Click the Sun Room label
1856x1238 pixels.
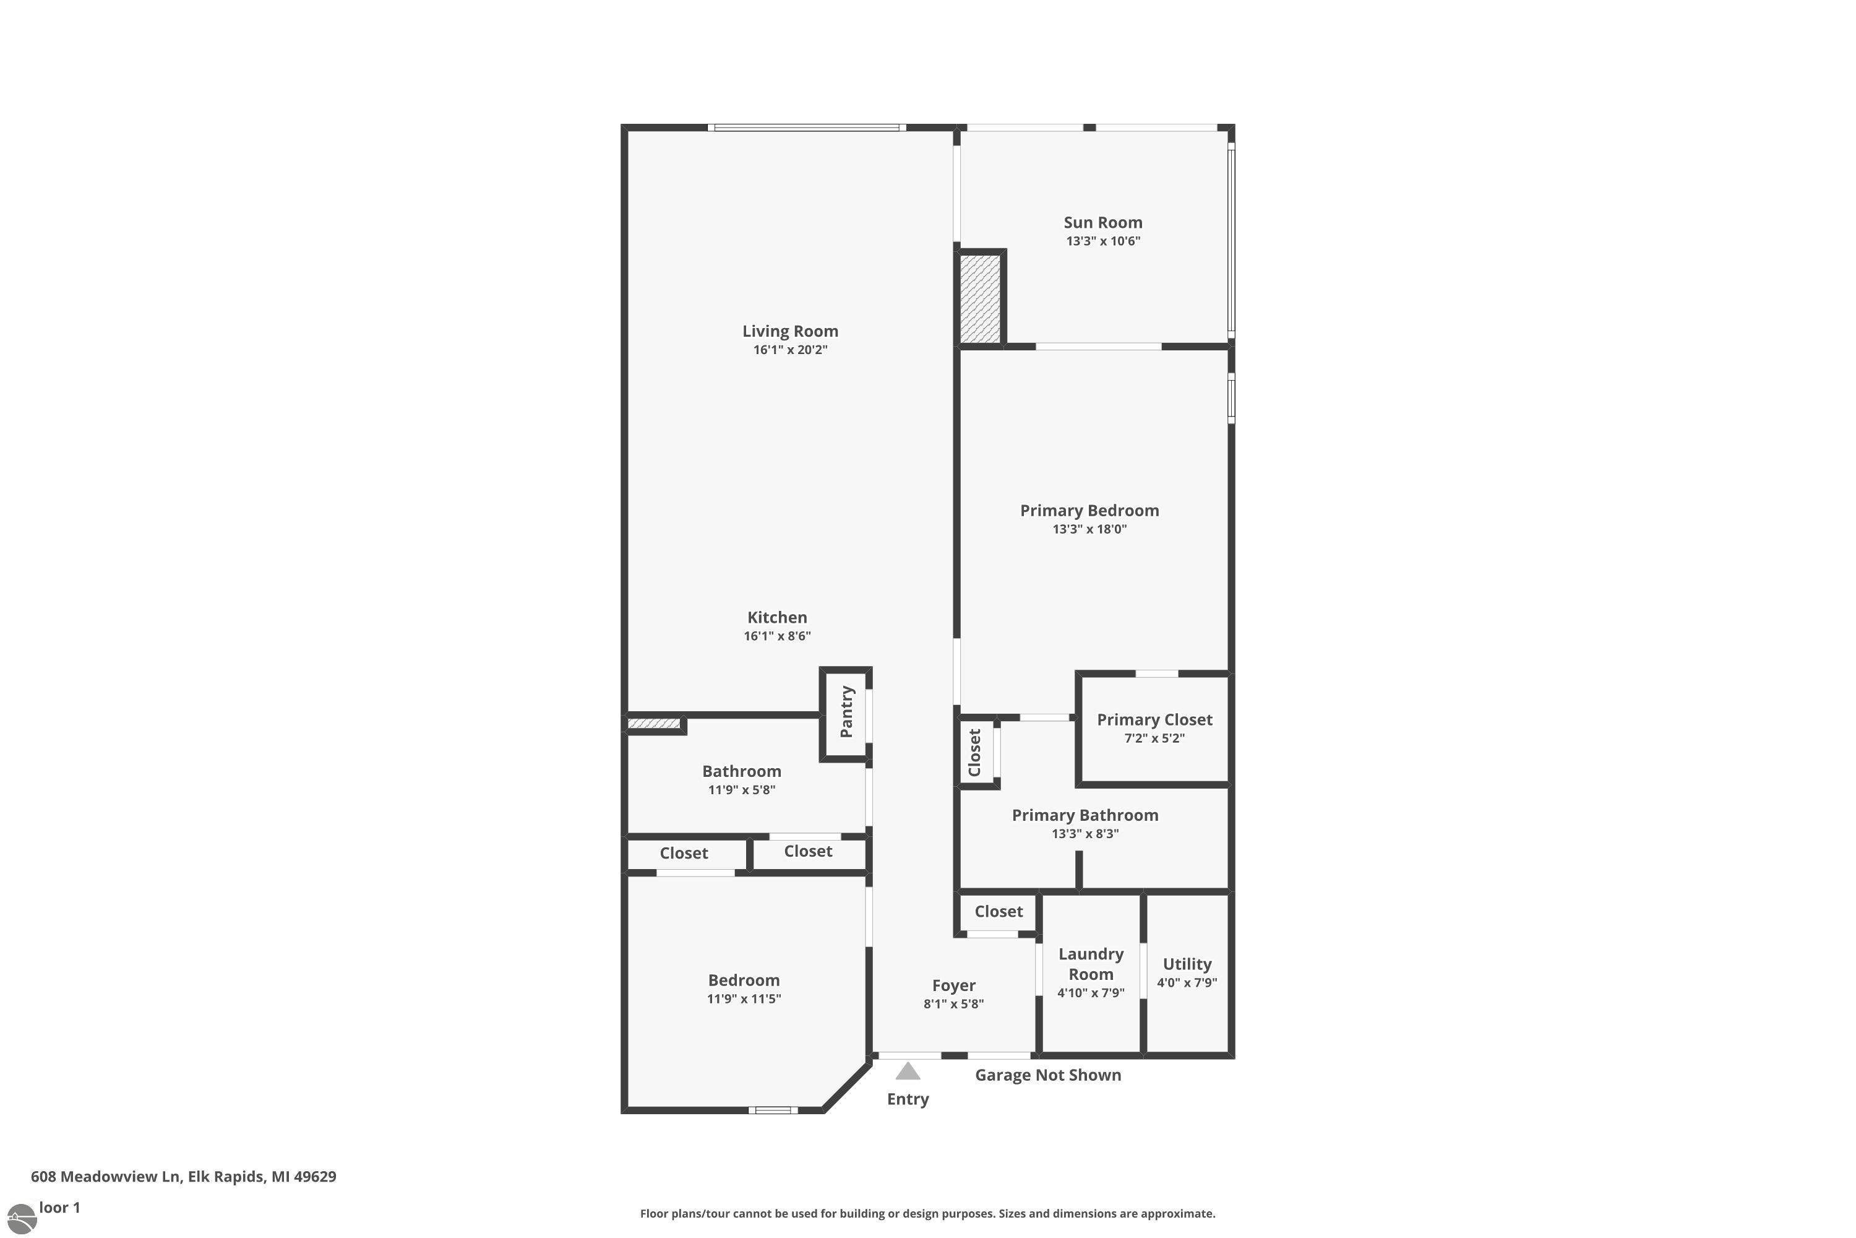coord(1102,223)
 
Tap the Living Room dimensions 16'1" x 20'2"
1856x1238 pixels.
coord(790,350)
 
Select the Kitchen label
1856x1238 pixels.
coord(777,617)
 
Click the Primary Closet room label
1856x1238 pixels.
coord(1154,719)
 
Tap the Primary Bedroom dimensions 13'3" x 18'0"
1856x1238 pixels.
coord(1089,529)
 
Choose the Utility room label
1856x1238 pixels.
coord(1187,964)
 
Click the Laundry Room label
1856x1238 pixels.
coord(1091,964)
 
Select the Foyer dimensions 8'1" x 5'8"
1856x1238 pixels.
coord(953,1004)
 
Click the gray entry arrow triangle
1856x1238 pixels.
coord(908,1071)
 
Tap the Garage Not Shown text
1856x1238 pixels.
coord(1048,1075)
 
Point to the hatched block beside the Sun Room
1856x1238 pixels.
coord(980,298)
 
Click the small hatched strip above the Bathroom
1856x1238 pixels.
coord(653,723)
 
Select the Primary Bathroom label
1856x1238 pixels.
coord(1085,815)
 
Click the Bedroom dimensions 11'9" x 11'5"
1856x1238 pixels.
coord(744,999)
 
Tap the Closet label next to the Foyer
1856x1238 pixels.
coord(999,911)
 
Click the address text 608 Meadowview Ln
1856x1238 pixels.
coord(106,1177)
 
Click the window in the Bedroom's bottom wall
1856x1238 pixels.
coord(773,1110)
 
